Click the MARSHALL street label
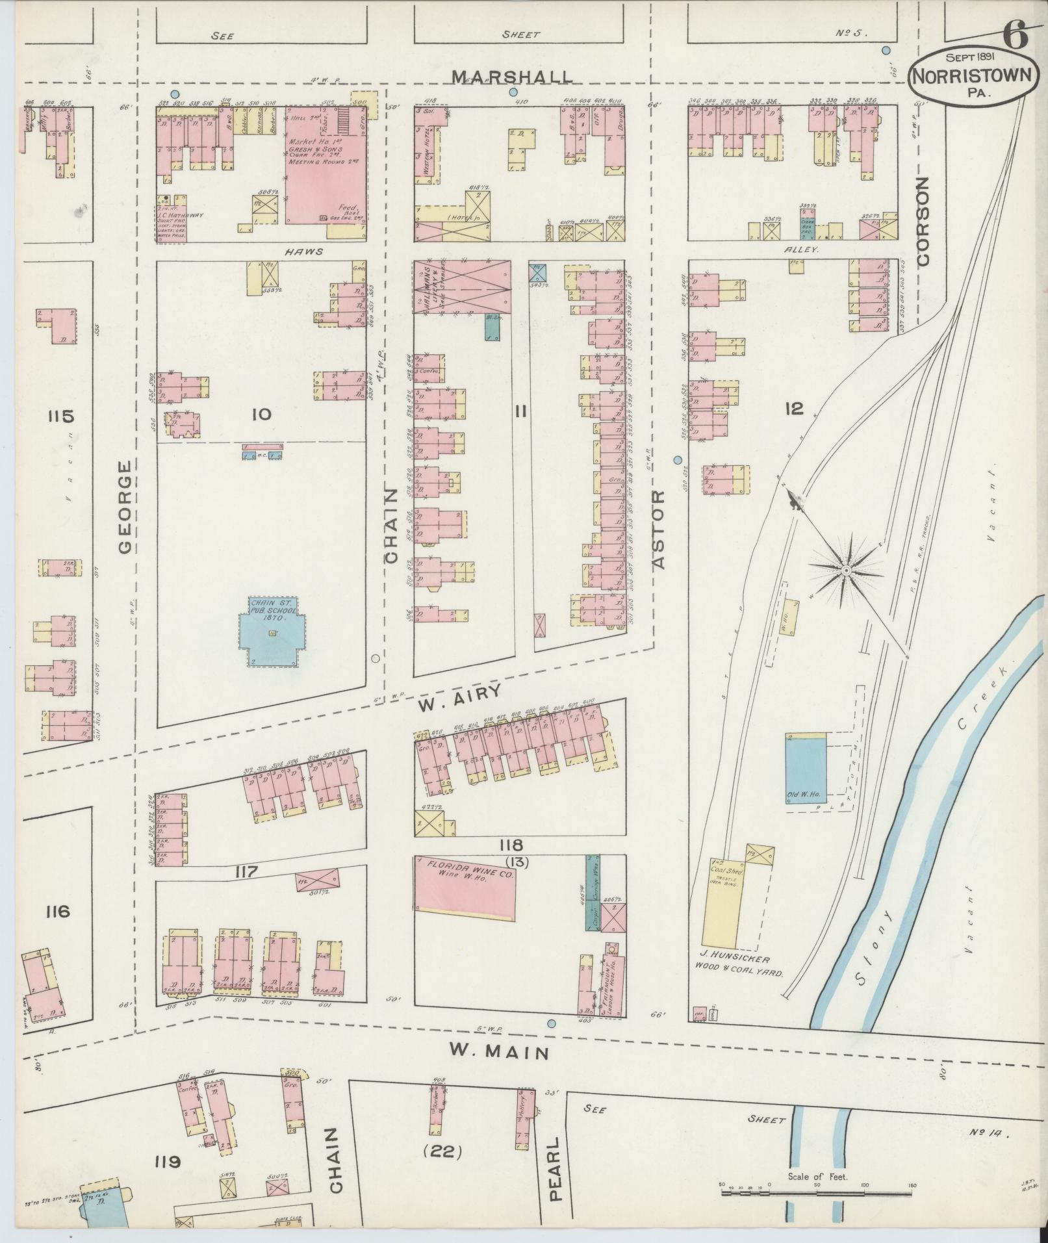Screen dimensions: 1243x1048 coord(513,77)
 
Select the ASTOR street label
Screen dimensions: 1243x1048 coord(659,530)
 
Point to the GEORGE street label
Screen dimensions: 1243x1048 coord(126,507)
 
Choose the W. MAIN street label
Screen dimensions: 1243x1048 coord(500,1051)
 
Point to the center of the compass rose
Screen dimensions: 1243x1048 coord(846,570)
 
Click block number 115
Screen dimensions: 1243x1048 coord(60,416)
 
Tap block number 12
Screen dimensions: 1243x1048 coord(794,409)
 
